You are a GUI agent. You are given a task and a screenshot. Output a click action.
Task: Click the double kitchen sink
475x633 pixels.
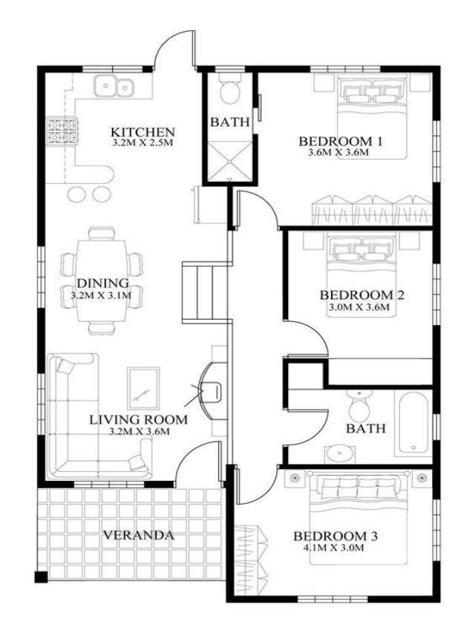pos(114,87)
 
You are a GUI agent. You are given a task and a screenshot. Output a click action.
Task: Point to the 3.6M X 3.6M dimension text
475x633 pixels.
pos(338,153)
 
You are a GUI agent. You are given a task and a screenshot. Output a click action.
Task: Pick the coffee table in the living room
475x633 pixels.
pos(142,387)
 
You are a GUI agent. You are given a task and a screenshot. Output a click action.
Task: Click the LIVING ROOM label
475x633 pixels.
pos(138,419)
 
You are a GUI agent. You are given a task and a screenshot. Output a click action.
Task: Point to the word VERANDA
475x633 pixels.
pos(138,534)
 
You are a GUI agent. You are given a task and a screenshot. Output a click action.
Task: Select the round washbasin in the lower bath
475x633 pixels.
pos(340,452)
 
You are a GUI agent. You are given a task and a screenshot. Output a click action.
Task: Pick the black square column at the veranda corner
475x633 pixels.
pos(41,577)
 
